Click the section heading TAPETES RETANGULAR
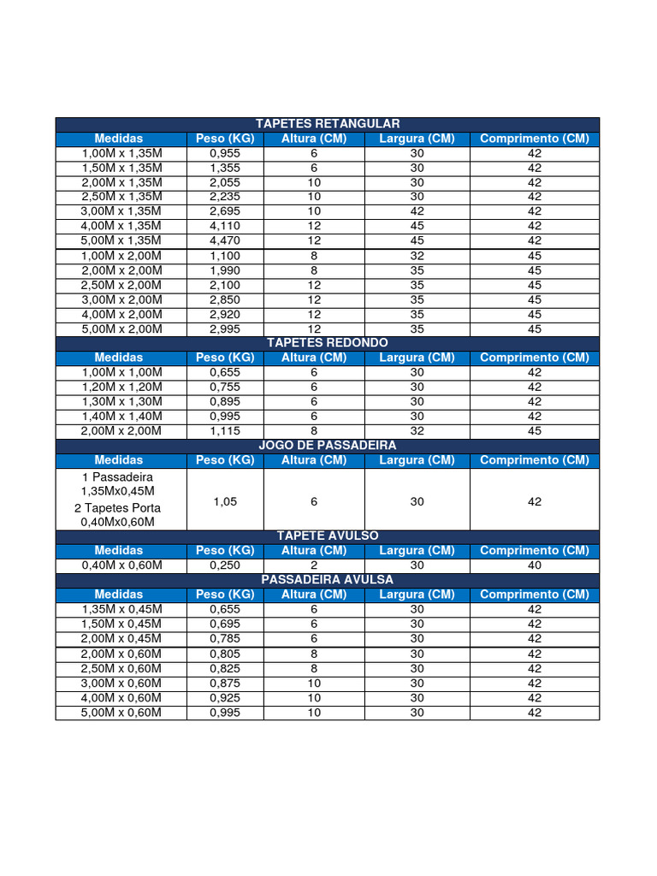coord(328,124)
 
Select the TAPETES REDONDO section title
coord(328,342)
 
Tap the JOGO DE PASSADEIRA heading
coord(328,446)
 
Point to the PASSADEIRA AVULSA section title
coord(328,579)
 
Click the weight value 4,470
coord(225,240)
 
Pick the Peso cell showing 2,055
coord(225,182)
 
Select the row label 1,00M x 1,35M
coord(121,153)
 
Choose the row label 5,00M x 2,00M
coord(121,328)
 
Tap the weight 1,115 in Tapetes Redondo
coord(225,430)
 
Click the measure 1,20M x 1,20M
coord(121,387)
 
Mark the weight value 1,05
coord(225,502)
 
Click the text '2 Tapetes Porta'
coord(121,508)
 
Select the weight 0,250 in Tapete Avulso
coord(225,565)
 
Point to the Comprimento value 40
coord(535,565)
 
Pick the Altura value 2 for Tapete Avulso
coord(314,565)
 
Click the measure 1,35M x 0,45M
coord(121,609)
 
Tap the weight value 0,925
coord(225,697)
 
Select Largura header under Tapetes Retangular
coord(417,139)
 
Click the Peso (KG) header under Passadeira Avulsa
coord(225,594)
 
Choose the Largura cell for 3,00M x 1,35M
coord(417,211)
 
